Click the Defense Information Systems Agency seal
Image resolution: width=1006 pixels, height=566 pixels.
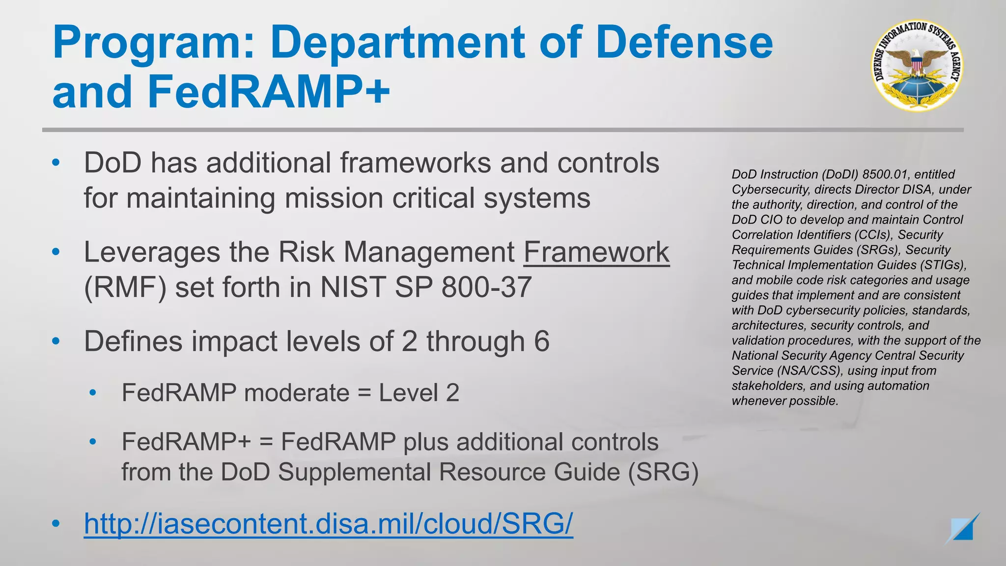(x=917, y=66)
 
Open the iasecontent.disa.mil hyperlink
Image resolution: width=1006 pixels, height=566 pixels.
(x=328, y=523)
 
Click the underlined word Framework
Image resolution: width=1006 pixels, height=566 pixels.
(x=596, y=253)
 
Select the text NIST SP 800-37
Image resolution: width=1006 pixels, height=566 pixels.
(x=426, y=287)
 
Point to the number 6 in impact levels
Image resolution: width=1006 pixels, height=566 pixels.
(x=541, y=341)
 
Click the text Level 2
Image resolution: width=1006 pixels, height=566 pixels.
(x=419, y=393)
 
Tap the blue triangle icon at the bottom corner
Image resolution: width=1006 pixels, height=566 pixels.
(x=963, y=529)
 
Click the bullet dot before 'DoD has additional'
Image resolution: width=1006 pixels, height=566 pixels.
(x=56, y=163)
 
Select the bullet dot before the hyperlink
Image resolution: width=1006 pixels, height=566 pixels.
(x=56, y=524)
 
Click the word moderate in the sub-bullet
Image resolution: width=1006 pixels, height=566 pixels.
(x=296, y=393)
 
